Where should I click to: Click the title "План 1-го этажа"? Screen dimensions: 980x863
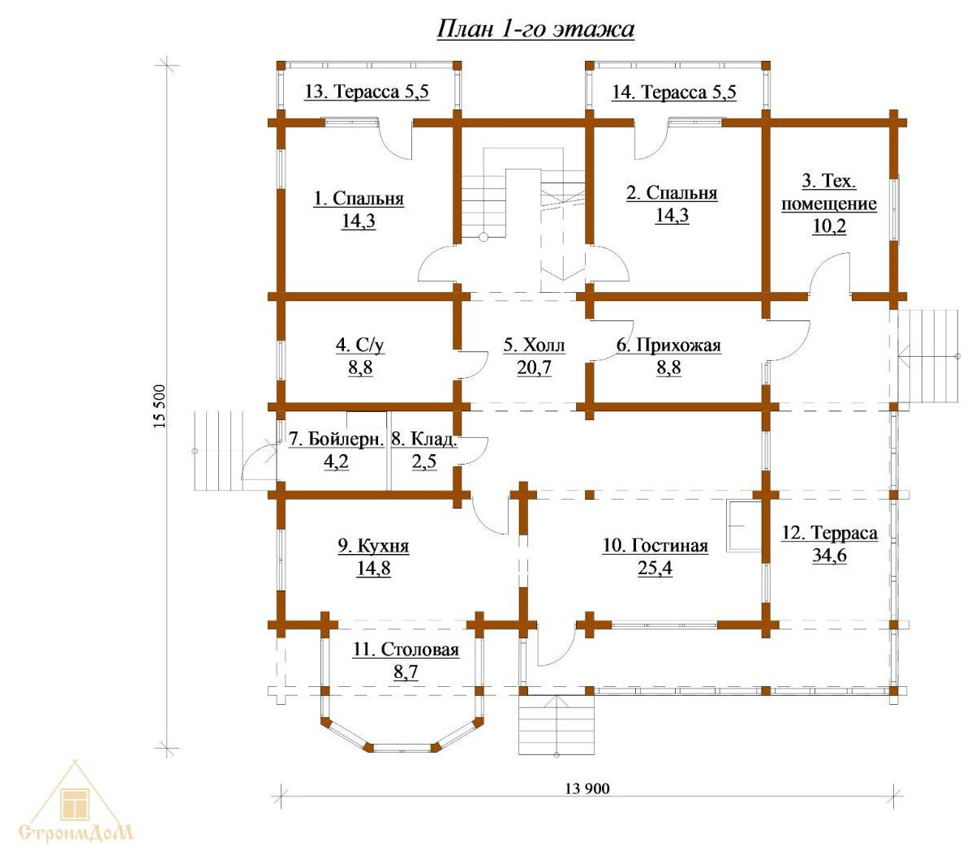[535, 29]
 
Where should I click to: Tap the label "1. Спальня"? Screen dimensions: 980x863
[359, 199]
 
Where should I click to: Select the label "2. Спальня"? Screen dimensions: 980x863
[672, 192]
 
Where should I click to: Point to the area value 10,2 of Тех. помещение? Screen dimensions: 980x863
[829, 226]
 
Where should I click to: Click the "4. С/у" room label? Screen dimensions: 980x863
[360, 346]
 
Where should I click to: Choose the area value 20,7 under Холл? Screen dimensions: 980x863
[534, 367]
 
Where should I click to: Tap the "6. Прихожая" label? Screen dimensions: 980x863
[668, 346]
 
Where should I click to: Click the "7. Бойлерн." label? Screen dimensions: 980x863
[336, 439]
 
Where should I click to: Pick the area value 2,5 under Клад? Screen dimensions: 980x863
[424, 462]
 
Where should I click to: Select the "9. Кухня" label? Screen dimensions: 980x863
[373, 546]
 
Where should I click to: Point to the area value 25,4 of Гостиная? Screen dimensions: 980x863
[655, 568]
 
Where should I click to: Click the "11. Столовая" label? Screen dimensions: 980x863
[406, 649]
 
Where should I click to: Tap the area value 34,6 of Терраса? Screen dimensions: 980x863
[829, 556]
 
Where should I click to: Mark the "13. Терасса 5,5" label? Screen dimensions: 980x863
[367, 92]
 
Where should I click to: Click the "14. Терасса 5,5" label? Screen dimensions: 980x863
[674, 92]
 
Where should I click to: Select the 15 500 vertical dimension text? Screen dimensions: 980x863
[160, 406]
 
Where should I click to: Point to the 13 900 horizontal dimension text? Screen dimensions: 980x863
[587, 789]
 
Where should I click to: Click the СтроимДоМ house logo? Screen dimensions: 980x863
[75, 803]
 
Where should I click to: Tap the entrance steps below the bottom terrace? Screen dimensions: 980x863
[557, 724]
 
